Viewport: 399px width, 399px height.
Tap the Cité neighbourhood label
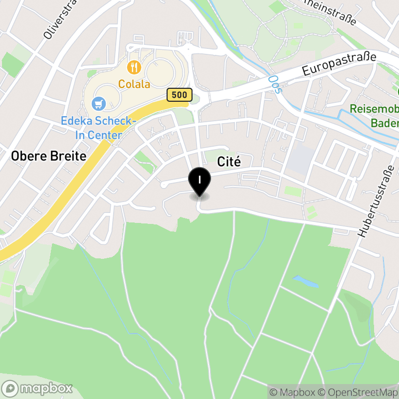(229, 162)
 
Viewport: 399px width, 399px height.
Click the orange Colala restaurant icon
(134, 67)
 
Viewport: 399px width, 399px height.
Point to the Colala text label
(134, 84)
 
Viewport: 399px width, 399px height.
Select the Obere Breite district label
(48, 156)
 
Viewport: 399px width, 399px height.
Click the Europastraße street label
(339, 65)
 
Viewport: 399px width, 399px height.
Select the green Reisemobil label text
(374, 109)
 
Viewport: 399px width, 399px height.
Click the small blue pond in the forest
(306, 282)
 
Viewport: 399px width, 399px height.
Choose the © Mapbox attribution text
(292, 392)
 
